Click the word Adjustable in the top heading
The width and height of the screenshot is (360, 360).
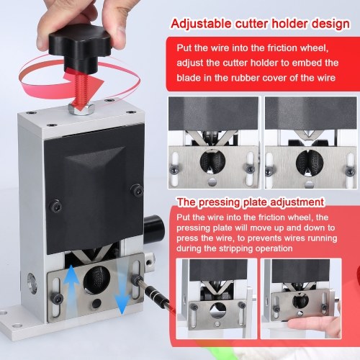[x=202, y=24]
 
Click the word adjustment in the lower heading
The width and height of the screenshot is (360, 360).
[x=297, y=202]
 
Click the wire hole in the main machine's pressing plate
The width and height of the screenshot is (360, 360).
[x=96, y=279]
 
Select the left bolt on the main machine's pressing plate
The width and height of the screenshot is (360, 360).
[x=58, y=299]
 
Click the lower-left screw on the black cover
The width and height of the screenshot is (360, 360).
[x=55, y=206]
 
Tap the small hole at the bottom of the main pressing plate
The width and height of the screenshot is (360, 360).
[x=96, y=303]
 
